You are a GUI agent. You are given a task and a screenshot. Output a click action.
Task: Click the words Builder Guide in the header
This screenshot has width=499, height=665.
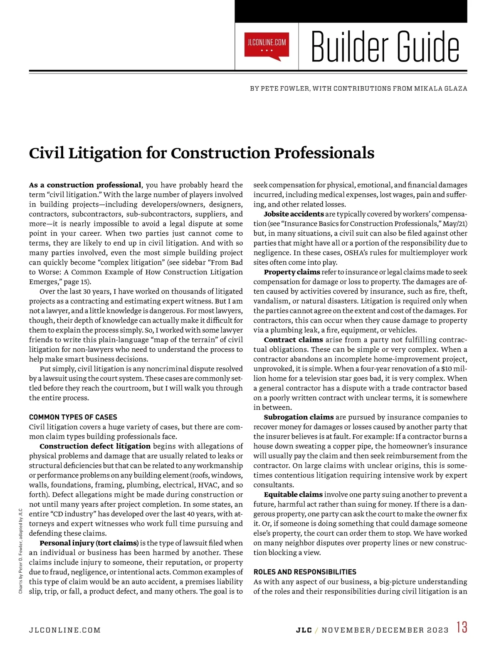point(385,47)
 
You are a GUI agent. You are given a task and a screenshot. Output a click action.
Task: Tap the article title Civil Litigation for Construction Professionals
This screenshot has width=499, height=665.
point(202,153)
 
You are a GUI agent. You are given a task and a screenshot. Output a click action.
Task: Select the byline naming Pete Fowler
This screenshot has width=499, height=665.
point(358,89)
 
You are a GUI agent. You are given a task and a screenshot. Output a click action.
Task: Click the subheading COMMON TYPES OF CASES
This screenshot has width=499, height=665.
point(73,417)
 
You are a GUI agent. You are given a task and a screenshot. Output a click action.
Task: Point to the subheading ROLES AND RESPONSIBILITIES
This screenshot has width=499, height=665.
point(305,572)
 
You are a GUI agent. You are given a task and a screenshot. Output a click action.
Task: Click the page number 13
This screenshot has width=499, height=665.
point(462,627)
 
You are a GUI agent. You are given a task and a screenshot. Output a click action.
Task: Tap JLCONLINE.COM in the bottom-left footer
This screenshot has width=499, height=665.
point(65,630)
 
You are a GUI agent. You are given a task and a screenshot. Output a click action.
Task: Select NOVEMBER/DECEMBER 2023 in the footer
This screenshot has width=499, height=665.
point(385,630)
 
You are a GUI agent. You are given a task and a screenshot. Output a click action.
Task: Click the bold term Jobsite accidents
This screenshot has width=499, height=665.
point(294,214)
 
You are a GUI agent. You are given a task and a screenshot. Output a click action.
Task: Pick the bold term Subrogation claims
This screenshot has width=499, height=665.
point(299,417)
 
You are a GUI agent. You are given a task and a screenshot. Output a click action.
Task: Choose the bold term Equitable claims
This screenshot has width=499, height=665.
point(293,495)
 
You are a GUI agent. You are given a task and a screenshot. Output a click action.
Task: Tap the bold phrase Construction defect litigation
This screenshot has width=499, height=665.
point(95,446)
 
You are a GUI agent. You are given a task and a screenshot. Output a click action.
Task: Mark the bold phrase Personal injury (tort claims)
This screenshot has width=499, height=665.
point(89,543)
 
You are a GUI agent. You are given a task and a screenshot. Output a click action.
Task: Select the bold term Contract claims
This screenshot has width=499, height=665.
point(293,340)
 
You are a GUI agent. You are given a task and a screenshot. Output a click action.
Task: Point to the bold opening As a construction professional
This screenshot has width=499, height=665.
point(85,185)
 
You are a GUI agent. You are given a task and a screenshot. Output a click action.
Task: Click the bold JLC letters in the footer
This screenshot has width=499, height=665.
point(304,630)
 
